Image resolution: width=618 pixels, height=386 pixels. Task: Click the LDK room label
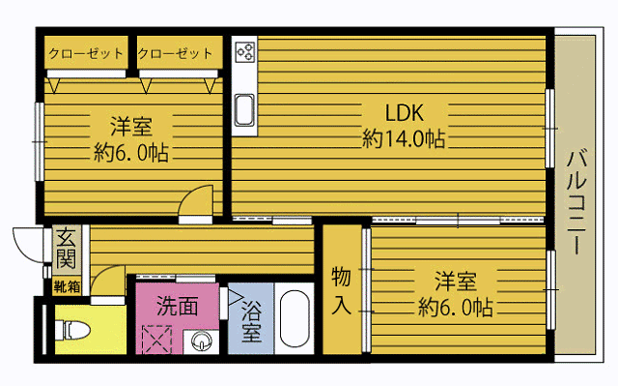[405, 113]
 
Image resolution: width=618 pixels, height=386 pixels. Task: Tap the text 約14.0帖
[404, 139]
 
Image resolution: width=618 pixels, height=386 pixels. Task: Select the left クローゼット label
[86, 53]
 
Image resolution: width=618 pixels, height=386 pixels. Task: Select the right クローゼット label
[176, 53]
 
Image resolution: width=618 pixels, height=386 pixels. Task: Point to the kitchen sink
[244, 110]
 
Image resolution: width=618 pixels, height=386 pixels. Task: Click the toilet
[72, 330]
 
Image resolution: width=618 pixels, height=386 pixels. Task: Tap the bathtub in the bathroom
[295, 319]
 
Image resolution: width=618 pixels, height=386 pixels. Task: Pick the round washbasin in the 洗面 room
[202, 341]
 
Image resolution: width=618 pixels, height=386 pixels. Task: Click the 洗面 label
[178, 306]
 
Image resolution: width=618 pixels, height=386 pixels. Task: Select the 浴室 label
[251, 321]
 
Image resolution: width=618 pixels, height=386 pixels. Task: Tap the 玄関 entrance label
[66, 249]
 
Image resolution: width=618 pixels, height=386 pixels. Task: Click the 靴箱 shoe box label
[67, 287]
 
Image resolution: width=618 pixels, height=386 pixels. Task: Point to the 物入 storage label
[341, 290]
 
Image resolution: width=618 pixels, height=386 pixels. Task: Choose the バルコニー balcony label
[576, 201]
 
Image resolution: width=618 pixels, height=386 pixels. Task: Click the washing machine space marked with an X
[156, 339]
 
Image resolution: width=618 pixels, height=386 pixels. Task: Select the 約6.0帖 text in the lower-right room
[456, 307]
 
